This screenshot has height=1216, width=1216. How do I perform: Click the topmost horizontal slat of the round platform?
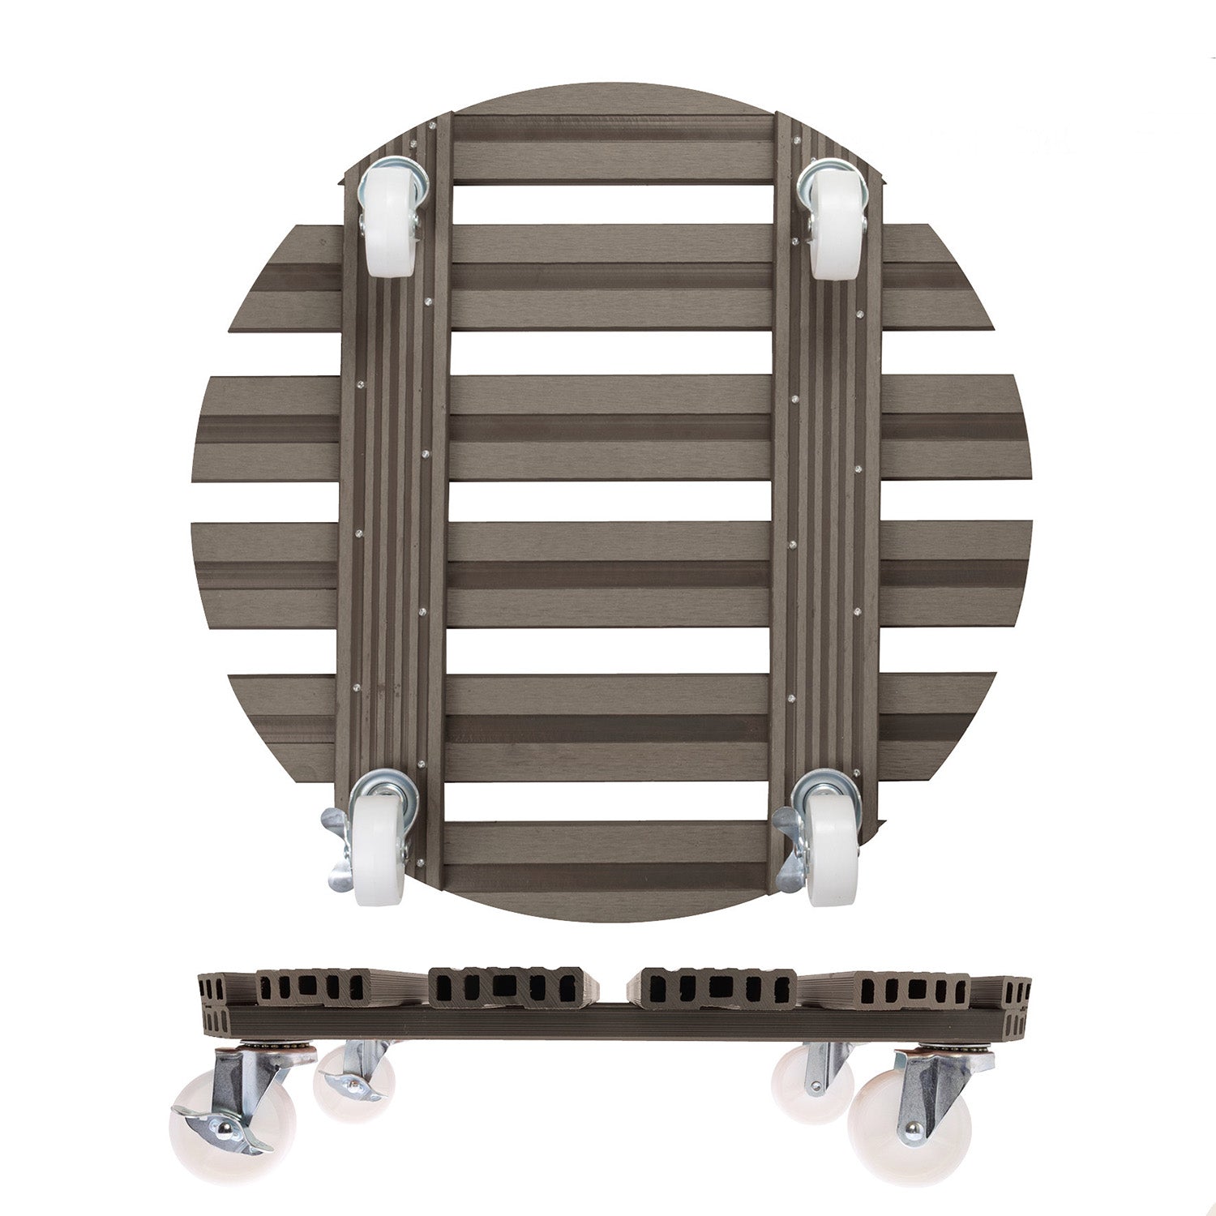coord(612,150)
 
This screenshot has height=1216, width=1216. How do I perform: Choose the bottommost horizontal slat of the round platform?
coord(612,847)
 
